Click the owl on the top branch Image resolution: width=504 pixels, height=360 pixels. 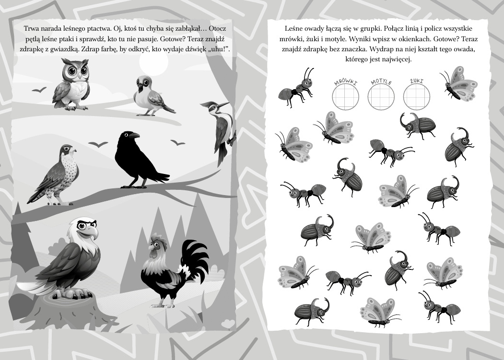[x=71, y=84]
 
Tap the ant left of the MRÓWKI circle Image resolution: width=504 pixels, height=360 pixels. [x=296, y=87]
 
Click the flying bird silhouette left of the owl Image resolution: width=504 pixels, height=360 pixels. [x=39, y=90]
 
